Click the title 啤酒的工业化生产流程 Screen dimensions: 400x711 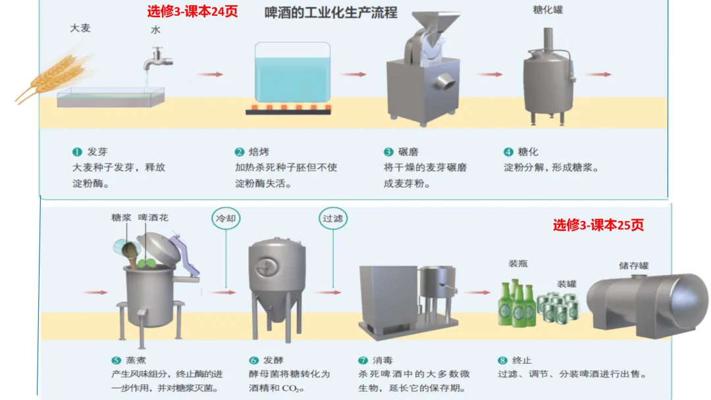331,12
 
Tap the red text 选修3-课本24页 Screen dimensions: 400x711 192,11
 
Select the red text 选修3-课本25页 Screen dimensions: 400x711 598,225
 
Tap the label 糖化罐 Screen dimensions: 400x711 548,10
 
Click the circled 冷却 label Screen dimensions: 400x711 225,218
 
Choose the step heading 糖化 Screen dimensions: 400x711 527,152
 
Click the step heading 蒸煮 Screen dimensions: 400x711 135,361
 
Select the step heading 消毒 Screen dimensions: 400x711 382,361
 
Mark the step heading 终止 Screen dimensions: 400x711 521,361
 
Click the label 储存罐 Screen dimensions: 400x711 633,266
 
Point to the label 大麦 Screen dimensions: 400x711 80,28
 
